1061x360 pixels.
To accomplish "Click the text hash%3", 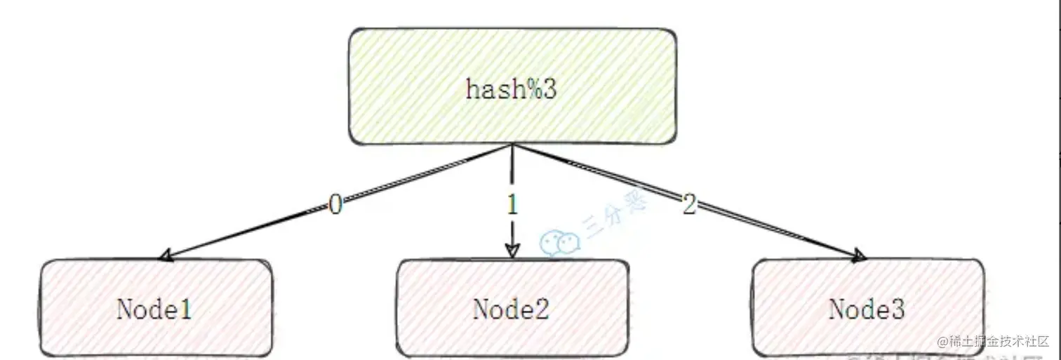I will tap(511, 90).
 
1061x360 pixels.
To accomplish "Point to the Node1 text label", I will tap(154, 309).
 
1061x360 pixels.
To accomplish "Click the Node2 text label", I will tap(511, 309).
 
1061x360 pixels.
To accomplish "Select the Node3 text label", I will tap(867, 309).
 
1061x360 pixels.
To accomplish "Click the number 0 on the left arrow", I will tap(335, 205).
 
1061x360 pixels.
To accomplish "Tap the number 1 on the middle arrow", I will tap(512, 205).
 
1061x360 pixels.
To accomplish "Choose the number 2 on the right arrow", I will tap(689, 205).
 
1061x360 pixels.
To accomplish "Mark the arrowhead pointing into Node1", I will tap(166, 256).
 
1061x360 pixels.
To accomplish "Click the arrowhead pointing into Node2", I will tap(512, 251).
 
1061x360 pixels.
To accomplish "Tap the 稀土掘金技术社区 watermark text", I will tap(997, 342).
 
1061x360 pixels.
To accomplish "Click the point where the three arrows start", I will tap(513, 145).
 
